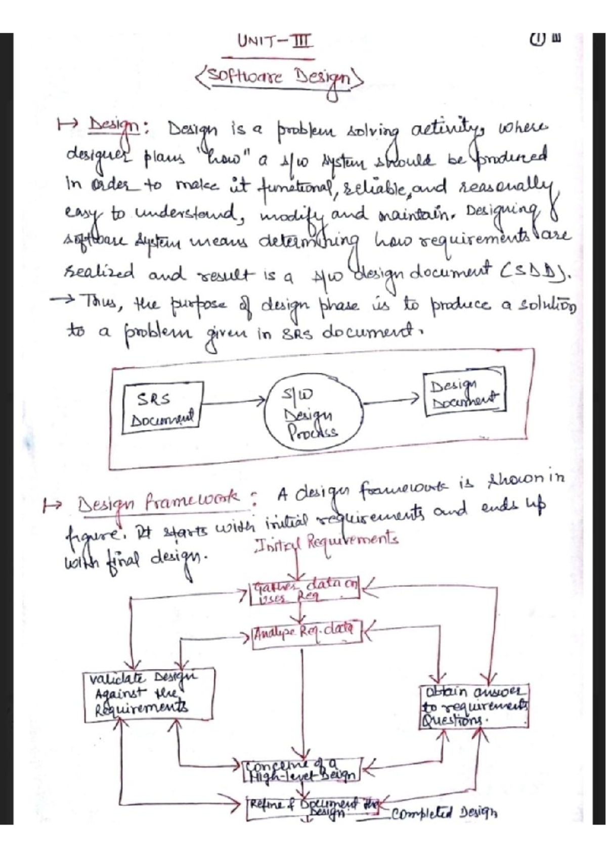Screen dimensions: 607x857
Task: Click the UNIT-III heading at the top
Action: click(275, 41)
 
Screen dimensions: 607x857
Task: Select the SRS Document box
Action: click(162, 408)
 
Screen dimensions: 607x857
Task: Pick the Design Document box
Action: click(464, 393)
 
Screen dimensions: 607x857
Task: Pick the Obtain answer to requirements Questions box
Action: click(474, 706)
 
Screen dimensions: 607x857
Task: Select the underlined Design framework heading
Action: click(159, 502)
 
